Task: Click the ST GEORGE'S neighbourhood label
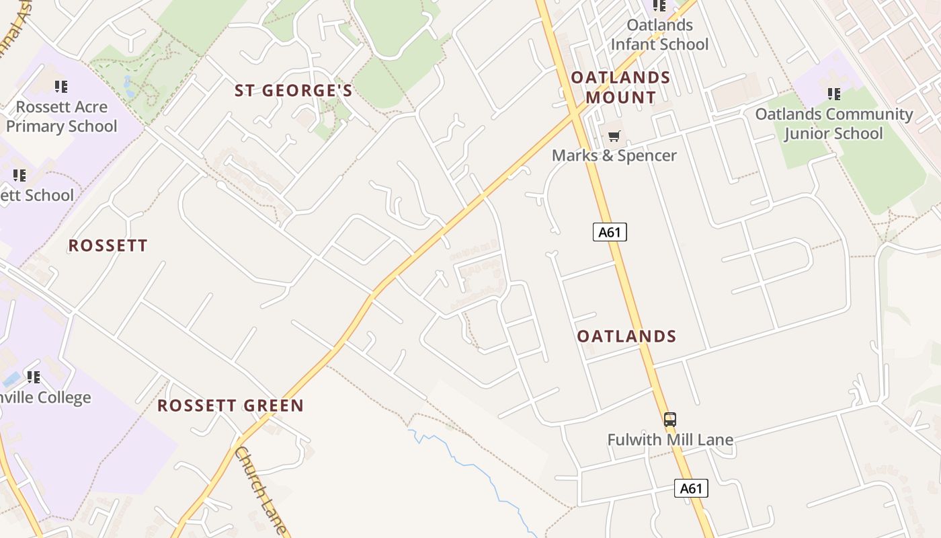[x=293, y=91]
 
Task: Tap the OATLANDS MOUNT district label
[x=620, y=87]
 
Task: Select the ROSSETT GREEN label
[x=231, y=406]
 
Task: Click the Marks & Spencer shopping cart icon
[x=614, y=137]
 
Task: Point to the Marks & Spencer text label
[x=614, y=156]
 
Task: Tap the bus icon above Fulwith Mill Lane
[x=669, y=420]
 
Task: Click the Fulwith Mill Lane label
[x=669, y=440]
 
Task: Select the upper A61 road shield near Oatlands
[x=610, y=233]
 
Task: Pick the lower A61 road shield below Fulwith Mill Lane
[x=691, y=488]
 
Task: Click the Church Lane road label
[x=261, y=491]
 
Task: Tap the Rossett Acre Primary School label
[x=61, y=117]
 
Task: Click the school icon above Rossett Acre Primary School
[x=61, y=86]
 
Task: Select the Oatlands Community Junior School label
[x=833, y=124]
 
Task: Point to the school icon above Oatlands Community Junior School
[x=833, y=93]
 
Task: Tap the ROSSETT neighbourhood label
[x=108, y=245]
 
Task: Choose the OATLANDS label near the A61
[x=626, y=336]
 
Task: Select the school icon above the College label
[x=33, y=377]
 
